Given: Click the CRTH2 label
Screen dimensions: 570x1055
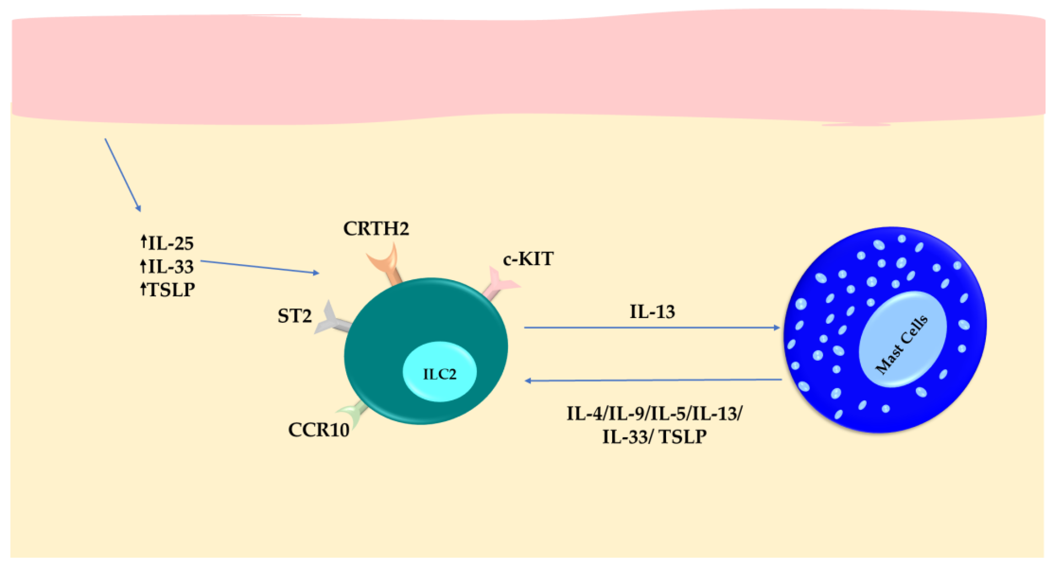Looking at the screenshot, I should pos(376,229).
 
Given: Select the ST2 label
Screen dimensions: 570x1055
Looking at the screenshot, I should pos(294,316).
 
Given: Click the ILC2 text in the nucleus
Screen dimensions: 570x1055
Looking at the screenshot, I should pos(440,374).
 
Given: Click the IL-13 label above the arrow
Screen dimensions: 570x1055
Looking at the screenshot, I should pos(652,312).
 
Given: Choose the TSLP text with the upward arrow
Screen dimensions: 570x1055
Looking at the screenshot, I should pos(171,290).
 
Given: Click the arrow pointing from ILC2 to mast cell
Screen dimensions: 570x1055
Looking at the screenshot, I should pos(651,328).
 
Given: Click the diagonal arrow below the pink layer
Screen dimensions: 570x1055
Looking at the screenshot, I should pos(123,175).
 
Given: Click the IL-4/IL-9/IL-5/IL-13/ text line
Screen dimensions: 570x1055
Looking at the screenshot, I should pos(654,414).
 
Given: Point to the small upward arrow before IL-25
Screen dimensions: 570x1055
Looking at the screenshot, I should pos(143,241).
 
